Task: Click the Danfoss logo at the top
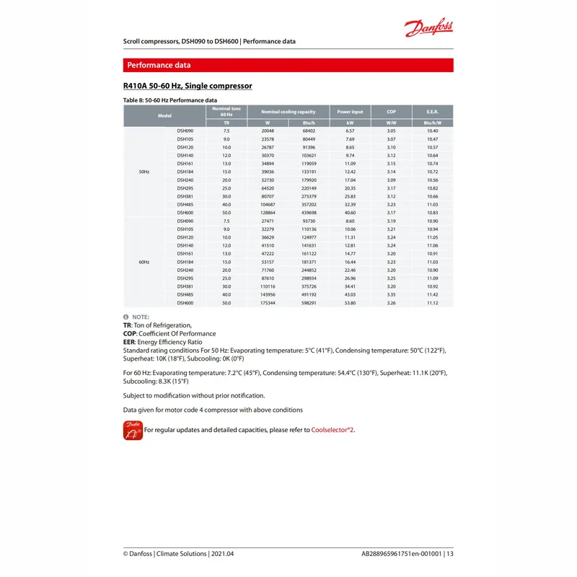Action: pos(429,29)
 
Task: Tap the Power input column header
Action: pos(350,112)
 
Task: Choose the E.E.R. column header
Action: pos(433,112)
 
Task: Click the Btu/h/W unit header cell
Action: pos(433,123)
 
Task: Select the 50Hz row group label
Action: pos(144,172)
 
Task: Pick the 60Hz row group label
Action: pos(144,262)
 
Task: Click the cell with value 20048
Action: pos(267,131)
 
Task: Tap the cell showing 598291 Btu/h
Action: pos(309,303)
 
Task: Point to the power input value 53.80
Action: pos(351,303)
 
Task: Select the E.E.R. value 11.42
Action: pos(433,295)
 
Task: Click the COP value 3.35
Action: pos(392,295)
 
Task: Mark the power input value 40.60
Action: pos(351,213)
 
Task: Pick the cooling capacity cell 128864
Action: pos(267,213)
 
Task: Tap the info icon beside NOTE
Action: pos(126,317)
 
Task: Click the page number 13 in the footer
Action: pos(449,554)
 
